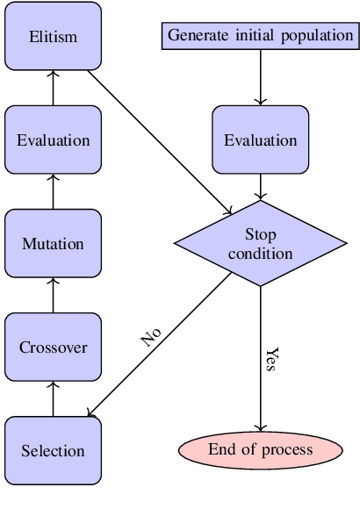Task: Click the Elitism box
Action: point(53,37)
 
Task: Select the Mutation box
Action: point(53,244)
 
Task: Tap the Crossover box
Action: point(53,348)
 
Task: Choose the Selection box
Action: point(53,451)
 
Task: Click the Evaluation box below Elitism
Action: point(53,140)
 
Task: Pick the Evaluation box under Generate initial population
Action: point(260,140)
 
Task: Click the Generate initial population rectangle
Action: point(260,36)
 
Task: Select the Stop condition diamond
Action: point(260,243)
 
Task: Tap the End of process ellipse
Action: point(260,450)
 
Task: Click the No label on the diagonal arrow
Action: point(151,337)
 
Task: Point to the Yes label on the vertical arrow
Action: point(272,359)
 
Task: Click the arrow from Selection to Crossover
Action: point(53,398)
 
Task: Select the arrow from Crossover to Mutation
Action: point(53,295)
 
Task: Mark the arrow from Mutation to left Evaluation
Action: point(53,191)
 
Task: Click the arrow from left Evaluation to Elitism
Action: point(53,88)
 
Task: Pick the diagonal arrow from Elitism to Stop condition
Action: point(158,140)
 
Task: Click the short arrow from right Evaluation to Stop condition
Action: point(260,186)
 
